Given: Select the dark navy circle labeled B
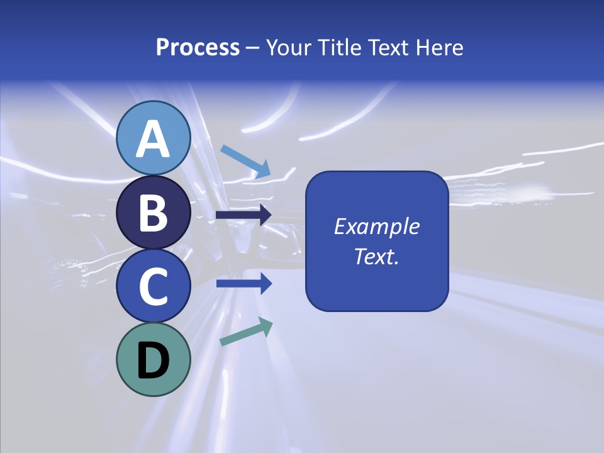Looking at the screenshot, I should [153, 213].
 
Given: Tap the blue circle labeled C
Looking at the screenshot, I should [153, 286].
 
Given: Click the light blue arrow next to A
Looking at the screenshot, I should [245, 161].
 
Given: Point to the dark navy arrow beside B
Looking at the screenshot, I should [244, 215].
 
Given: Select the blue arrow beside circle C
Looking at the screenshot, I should [244, 284].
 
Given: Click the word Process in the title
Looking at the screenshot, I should [198, 48].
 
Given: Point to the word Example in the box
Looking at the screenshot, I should [376, 226].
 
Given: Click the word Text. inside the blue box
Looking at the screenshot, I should [376, 256].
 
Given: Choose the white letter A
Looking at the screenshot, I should [153, 140].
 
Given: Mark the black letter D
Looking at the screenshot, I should [153, 361].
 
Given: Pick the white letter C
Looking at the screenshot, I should [153, 286].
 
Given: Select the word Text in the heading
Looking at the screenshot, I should [388, 48].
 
